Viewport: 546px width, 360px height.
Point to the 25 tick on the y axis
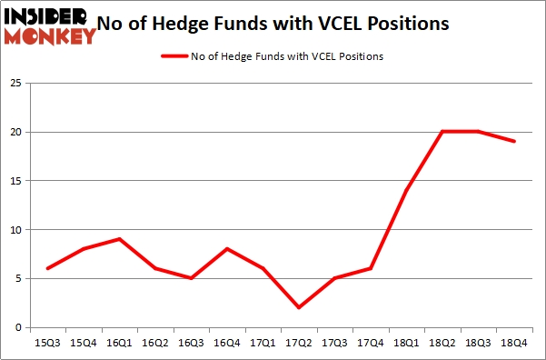15,84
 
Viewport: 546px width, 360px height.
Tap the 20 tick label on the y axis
15,133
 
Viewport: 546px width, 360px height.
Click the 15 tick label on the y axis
15,181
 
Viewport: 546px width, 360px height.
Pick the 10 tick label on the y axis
15,230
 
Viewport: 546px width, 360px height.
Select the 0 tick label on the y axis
17,327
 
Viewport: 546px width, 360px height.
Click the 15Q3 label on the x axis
46,343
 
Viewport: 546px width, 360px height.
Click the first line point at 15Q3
46,268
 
